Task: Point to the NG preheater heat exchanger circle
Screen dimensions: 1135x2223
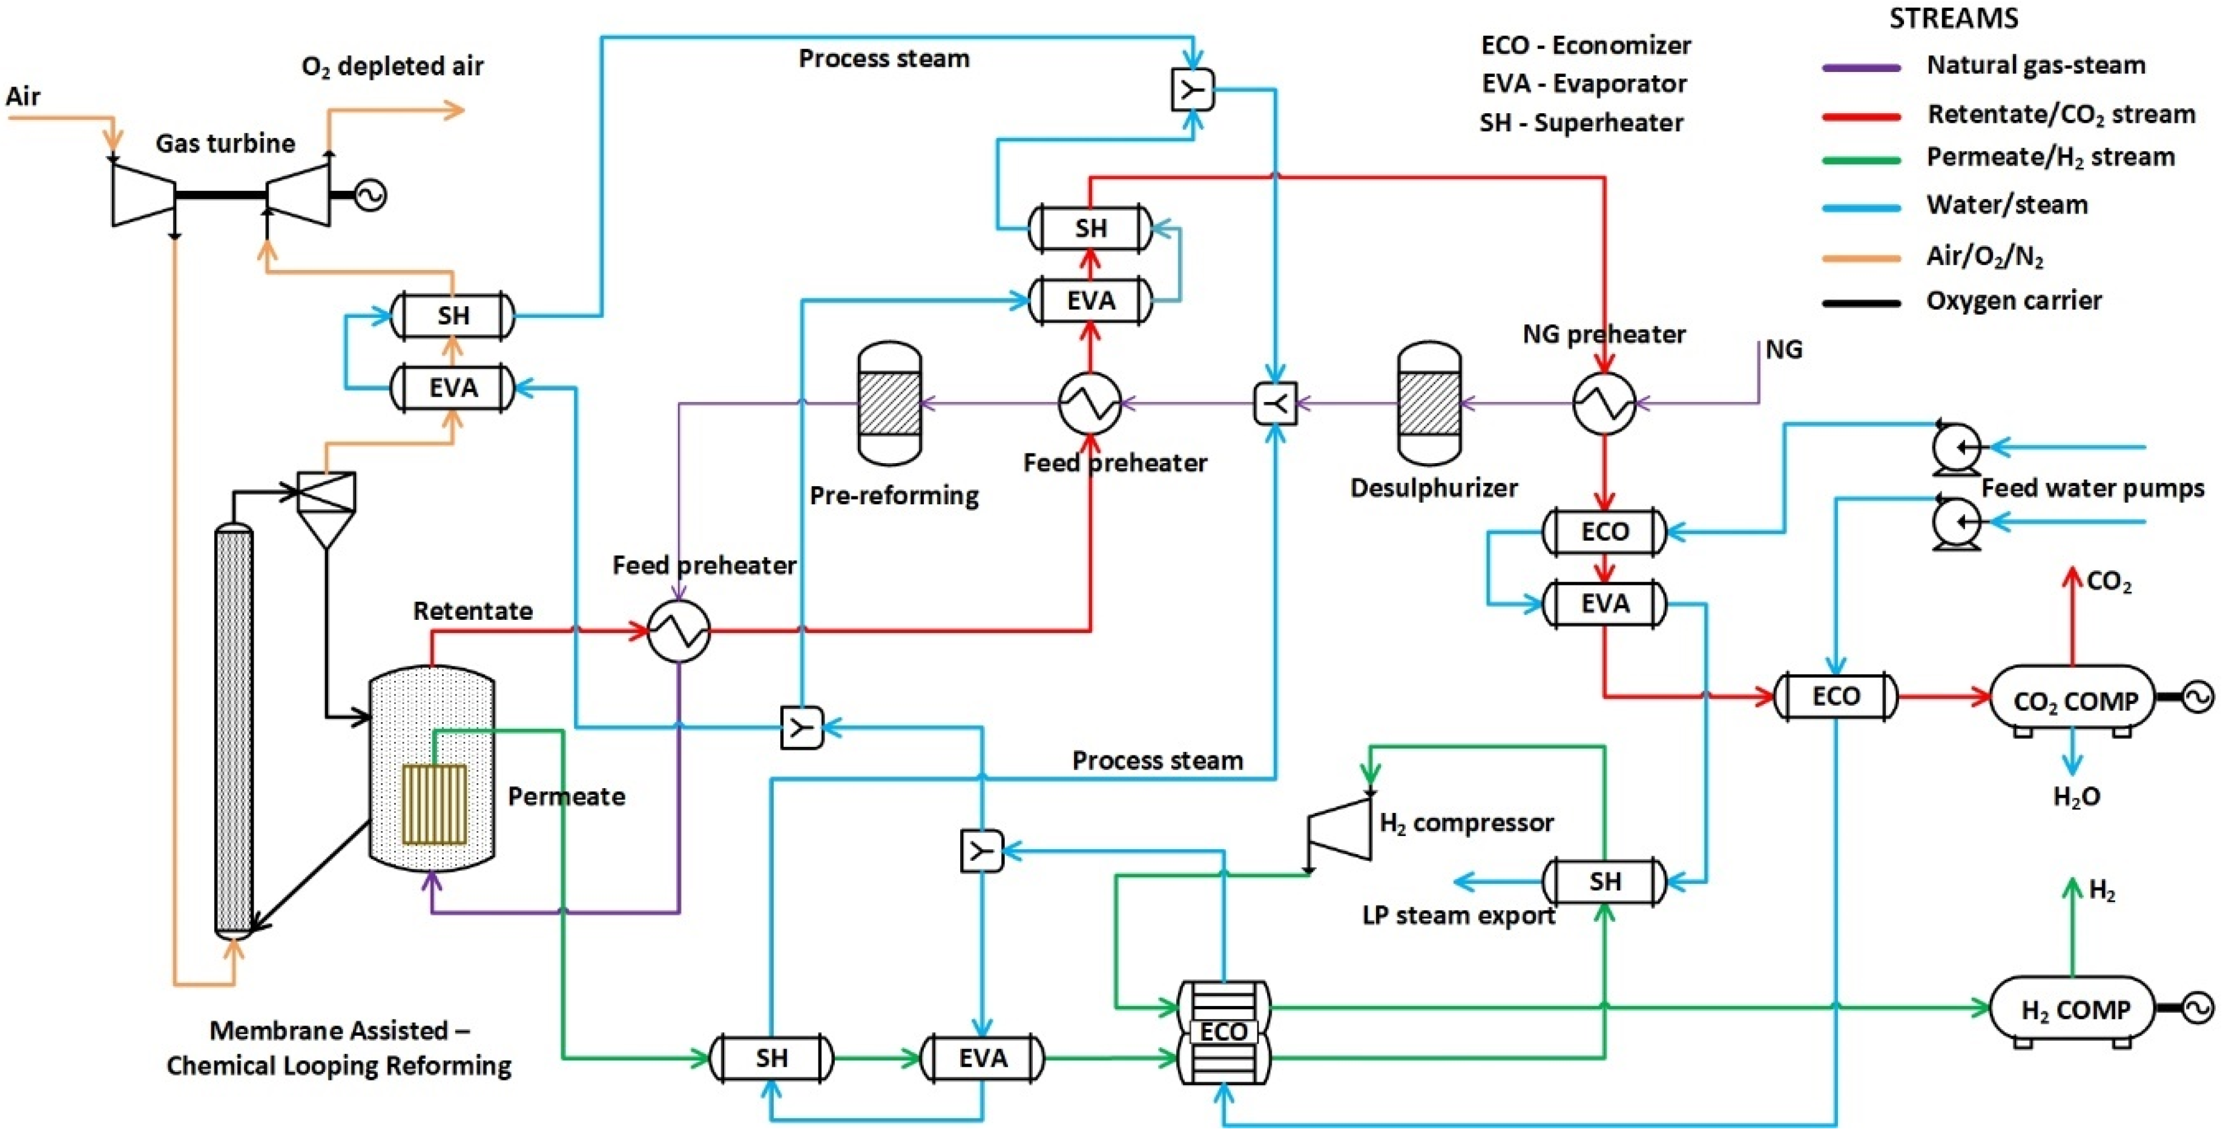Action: click(1604, 403)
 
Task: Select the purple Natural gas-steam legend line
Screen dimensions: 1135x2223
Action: click(1862, 67)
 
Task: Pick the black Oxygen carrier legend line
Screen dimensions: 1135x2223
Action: click(1862, 303)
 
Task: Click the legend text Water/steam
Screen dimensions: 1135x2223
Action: click(2006, 205)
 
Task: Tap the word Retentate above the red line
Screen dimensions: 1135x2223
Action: click(472, 611)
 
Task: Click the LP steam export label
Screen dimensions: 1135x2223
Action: click(1458, 915)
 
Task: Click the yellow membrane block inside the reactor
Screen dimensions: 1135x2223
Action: click(435, 803)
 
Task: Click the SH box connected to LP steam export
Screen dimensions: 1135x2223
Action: click(1604, 881)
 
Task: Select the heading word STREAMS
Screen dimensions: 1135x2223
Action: click(1954, 18)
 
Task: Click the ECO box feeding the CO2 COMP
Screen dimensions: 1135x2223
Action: click(1836, 696)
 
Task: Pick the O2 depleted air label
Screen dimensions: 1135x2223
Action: click(393, 67)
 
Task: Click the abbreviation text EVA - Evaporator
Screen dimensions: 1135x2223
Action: click(1584, 84)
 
